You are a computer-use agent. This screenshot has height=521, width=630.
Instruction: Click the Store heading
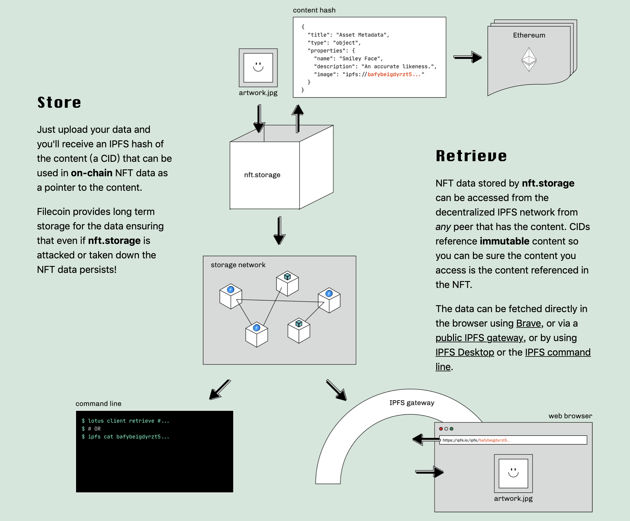coord(59,102)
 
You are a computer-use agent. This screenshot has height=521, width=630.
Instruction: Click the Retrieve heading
coord(471,156)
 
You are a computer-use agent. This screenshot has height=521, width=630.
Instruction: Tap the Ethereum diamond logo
coord(529,59)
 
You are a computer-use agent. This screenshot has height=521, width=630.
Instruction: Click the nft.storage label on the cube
coord(262,175)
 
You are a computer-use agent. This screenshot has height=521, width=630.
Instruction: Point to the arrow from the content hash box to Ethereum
coord(468,57)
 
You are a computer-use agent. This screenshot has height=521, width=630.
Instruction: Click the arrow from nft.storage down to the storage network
coord(279,231)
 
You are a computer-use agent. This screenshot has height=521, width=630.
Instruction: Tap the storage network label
coord(238,265)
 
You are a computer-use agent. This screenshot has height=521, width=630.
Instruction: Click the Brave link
coord(529,323)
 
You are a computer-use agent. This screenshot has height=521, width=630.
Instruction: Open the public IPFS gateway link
coord(479,338)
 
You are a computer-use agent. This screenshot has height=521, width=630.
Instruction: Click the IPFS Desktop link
coord(465,352)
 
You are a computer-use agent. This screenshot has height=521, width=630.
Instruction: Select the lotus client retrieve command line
coord(125,421)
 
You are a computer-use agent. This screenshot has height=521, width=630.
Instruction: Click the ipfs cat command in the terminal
coord(125,437)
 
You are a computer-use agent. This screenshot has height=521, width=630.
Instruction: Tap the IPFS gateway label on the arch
coord(412,403)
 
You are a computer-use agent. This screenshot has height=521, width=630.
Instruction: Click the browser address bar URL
coord(476,440)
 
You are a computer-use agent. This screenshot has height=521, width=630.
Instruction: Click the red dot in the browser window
coord(441,429)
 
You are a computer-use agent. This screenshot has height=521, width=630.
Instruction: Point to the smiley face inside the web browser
coord(513,473)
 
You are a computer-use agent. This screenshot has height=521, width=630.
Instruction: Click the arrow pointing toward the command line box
coord(220,390)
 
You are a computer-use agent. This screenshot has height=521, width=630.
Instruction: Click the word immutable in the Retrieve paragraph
coord(504,241)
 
